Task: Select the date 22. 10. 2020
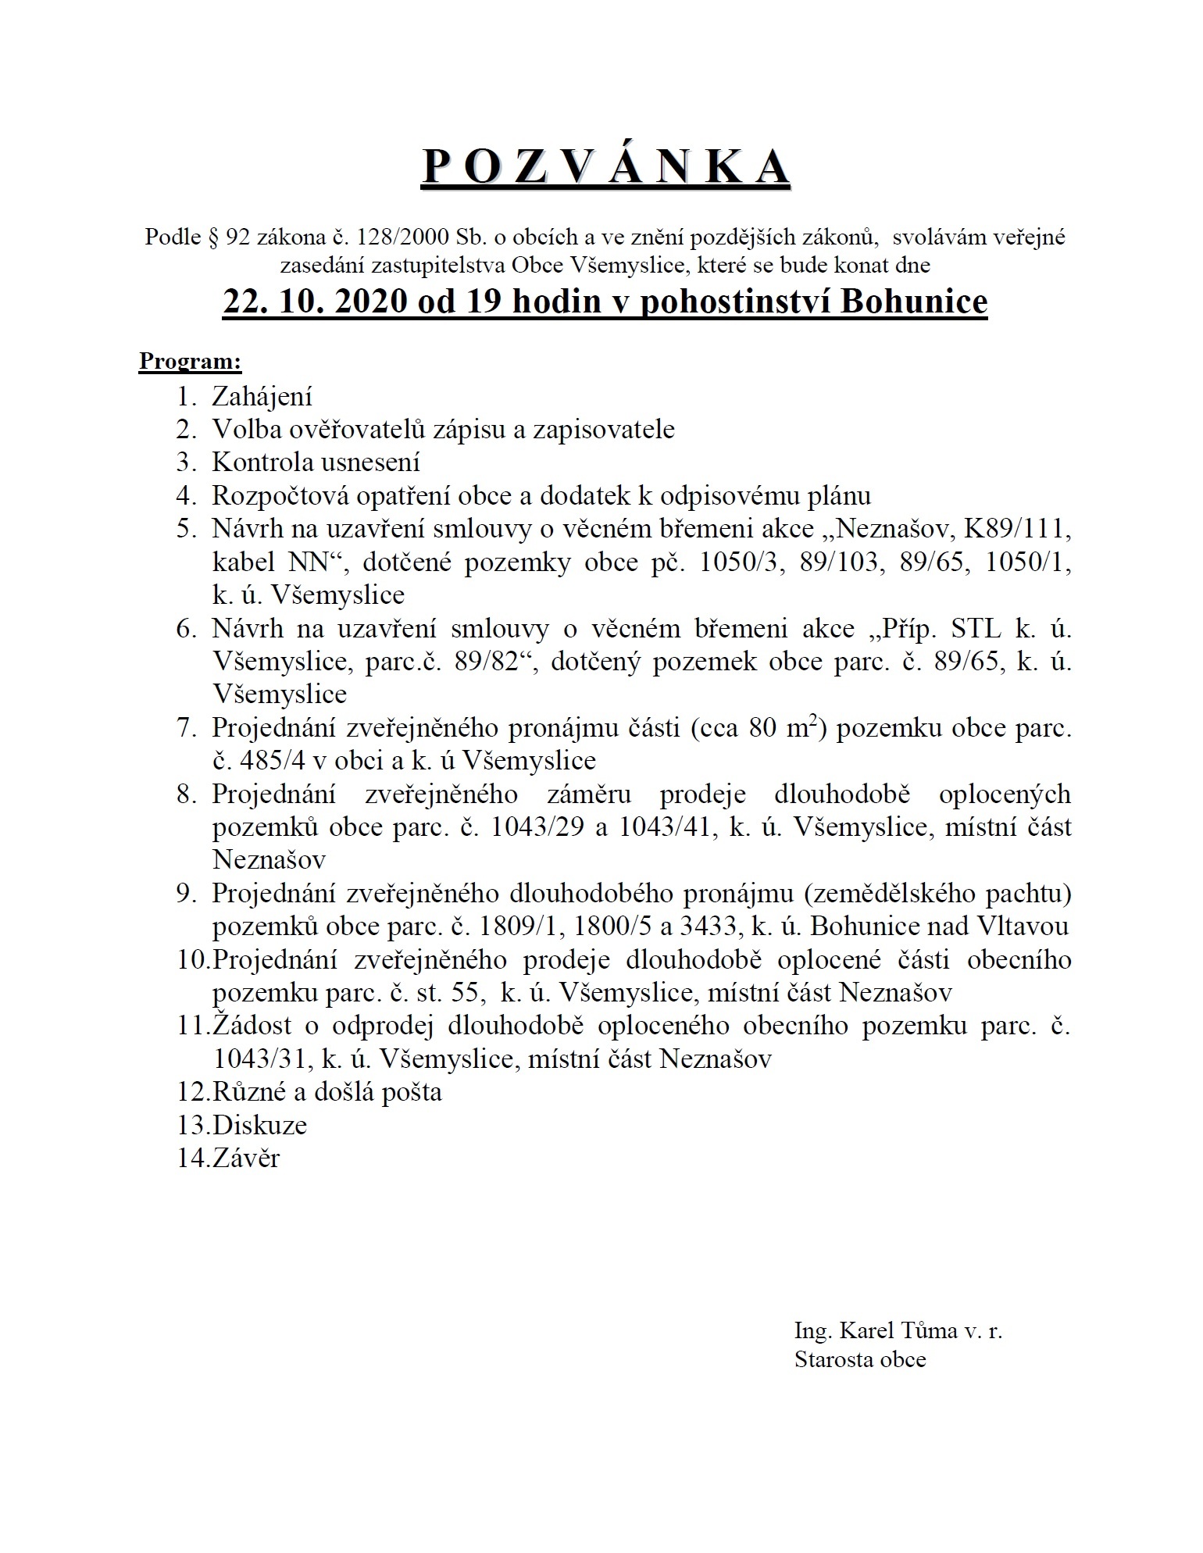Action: click(x=314, y=302)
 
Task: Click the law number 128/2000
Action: click(x=400, y=237)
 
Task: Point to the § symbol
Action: click(x=213, y=237)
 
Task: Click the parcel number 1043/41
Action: click(x=667, y=827)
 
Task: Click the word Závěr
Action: click(x=245, y=1159)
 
